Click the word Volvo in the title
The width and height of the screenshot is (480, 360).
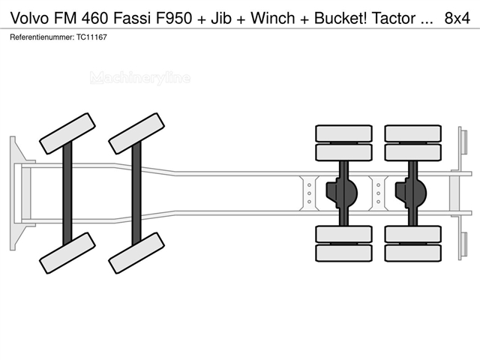[x=29, y=18]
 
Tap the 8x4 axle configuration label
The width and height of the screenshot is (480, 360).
[x=457, y=18]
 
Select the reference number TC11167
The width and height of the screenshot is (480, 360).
[x=91, y=37]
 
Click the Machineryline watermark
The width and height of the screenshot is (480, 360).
[x=140, y=78]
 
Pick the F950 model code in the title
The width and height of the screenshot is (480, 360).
[x=175, y=18]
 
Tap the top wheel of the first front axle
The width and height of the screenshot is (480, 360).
[x=67, y=133]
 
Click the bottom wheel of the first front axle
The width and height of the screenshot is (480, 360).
[x=67, y=253]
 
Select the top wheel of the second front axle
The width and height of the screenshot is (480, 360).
[x=136, y=133]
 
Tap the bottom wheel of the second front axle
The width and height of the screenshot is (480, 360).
[x=136, y=253]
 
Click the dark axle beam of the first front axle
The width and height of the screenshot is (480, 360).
[x=67, y=193]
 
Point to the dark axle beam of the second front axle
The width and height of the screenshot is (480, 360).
[x=136, y=193]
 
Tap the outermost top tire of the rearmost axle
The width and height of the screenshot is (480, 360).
[x=413, y=133]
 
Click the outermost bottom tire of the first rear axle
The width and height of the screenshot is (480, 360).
[x=343, y=253]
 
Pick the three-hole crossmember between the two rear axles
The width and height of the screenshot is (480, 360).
[x=378, y=193]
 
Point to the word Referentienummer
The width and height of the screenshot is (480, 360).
[x=42, y=37]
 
